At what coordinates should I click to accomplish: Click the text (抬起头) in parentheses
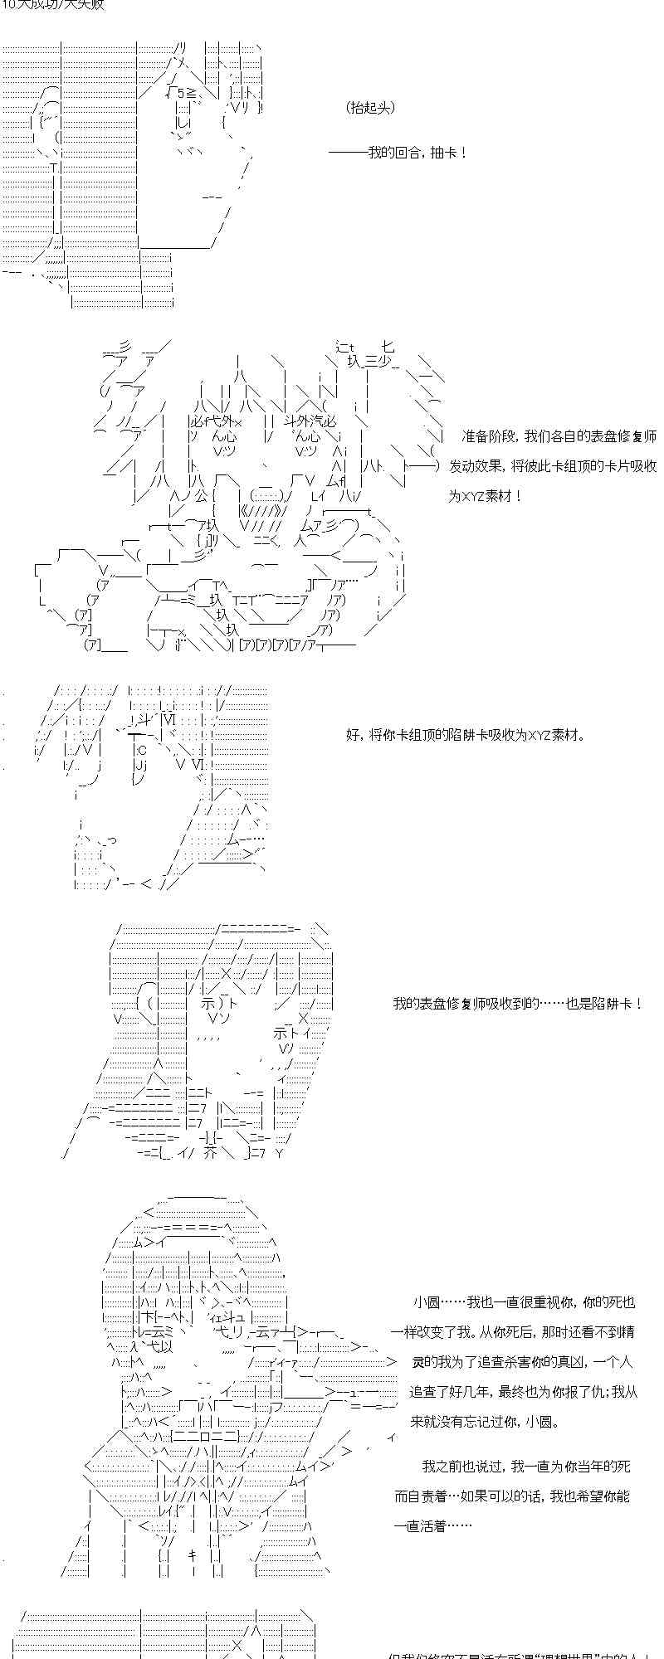click(370, 108)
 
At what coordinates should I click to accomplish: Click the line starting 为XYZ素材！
click(486, 496)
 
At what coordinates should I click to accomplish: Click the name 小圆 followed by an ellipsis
click(425, 1302)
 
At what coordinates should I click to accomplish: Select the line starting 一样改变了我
click(513, 1332)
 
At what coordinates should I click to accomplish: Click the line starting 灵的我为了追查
click(521, 1362)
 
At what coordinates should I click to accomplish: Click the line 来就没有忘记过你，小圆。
click(485, 1422)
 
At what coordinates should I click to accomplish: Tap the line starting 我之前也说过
click(525, 1467)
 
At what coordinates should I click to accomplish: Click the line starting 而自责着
click(511, 1496)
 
